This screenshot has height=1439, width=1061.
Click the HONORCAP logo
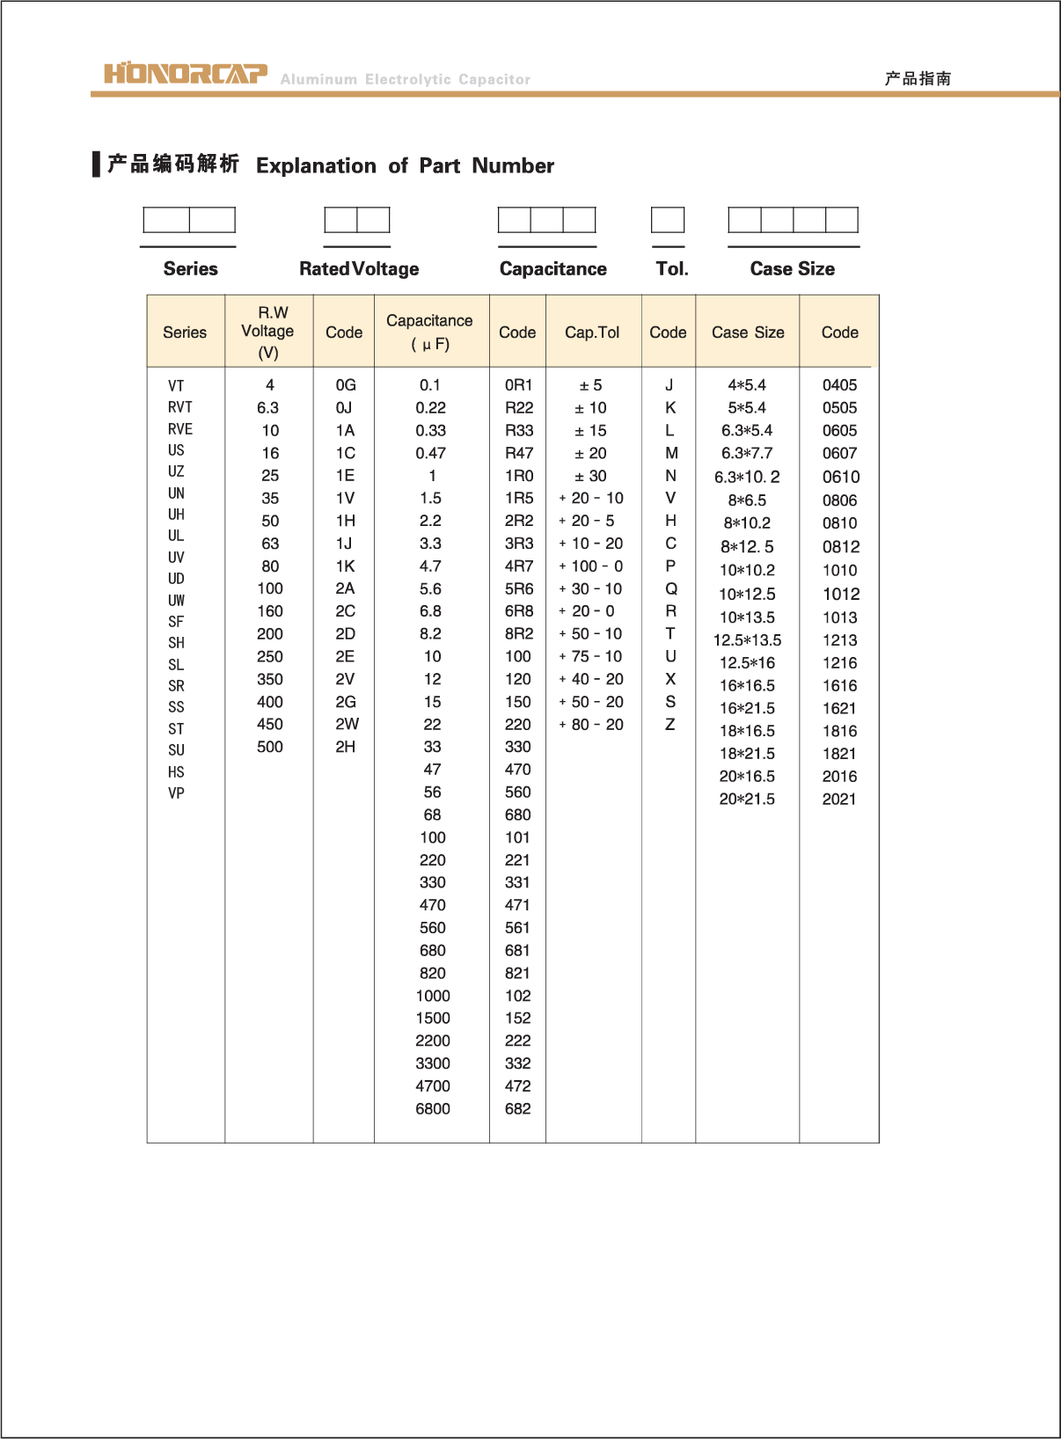pos(186,73)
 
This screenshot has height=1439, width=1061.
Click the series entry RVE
pos(180,429)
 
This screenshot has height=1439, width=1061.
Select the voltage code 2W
pos(346,724)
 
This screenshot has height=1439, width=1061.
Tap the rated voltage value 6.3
pos(268,408)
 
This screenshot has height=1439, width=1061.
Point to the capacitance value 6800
pos(433,1108)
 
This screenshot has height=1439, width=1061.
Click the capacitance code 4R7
pos(518,566)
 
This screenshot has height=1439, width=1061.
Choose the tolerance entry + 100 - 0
pos(591,566)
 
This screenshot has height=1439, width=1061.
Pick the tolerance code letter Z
pos(670,724)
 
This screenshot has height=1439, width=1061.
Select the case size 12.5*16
pos(747,663)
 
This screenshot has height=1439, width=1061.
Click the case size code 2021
pos(839,799)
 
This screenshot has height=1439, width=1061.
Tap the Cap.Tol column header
pos(592,332)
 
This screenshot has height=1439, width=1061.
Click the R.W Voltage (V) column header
pos(268,332)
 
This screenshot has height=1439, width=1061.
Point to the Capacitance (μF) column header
pos(429,332)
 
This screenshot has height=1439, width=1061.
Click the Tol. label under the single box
pos(671,269)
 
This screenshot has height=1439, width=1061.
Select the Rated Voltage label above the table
pos(359,269)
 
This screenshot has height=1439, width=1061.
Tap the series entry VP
pos(176,793)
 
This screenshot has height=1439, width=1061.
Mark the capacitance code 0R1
pos(518,385)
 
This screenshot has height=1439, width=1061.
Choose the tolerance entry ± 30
pos(591,476)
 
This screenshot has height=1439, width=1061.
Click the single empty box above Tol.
pos(668,220)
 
